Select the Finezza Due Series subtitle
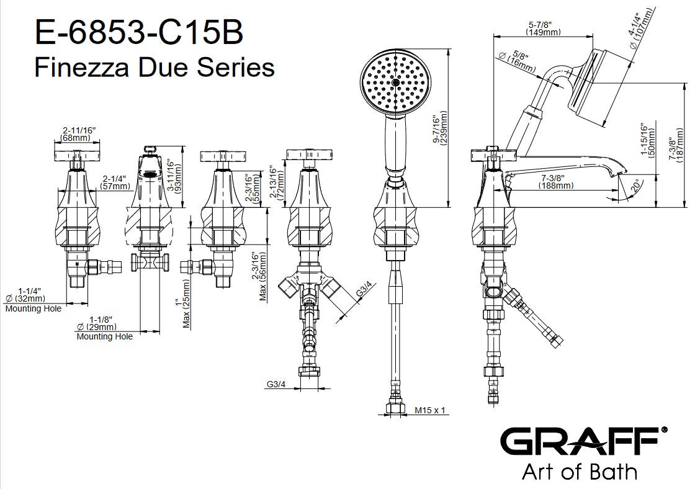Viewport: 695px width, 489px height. coord(155,68)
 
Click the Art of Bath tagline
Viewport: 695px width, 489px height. coord(580,472)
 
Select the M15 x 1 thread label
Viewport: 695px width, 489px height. coord(429,411)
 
